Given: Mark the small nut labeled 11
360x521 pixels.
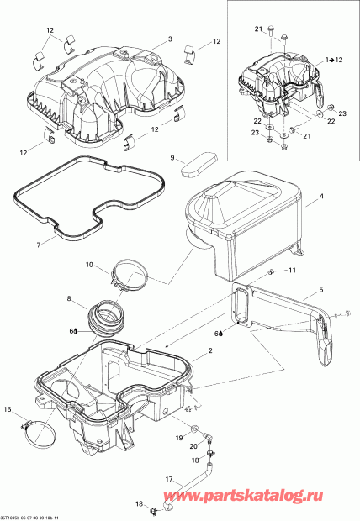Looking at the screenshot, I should coord(271,273).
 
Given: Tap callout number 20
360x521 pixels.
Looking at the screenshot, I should coord(193,446).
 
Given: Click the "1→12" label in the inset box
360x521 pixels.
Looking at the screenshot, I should coord(334,61).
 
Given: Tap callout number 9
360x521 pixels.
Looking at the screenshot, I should coord(172,157).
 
